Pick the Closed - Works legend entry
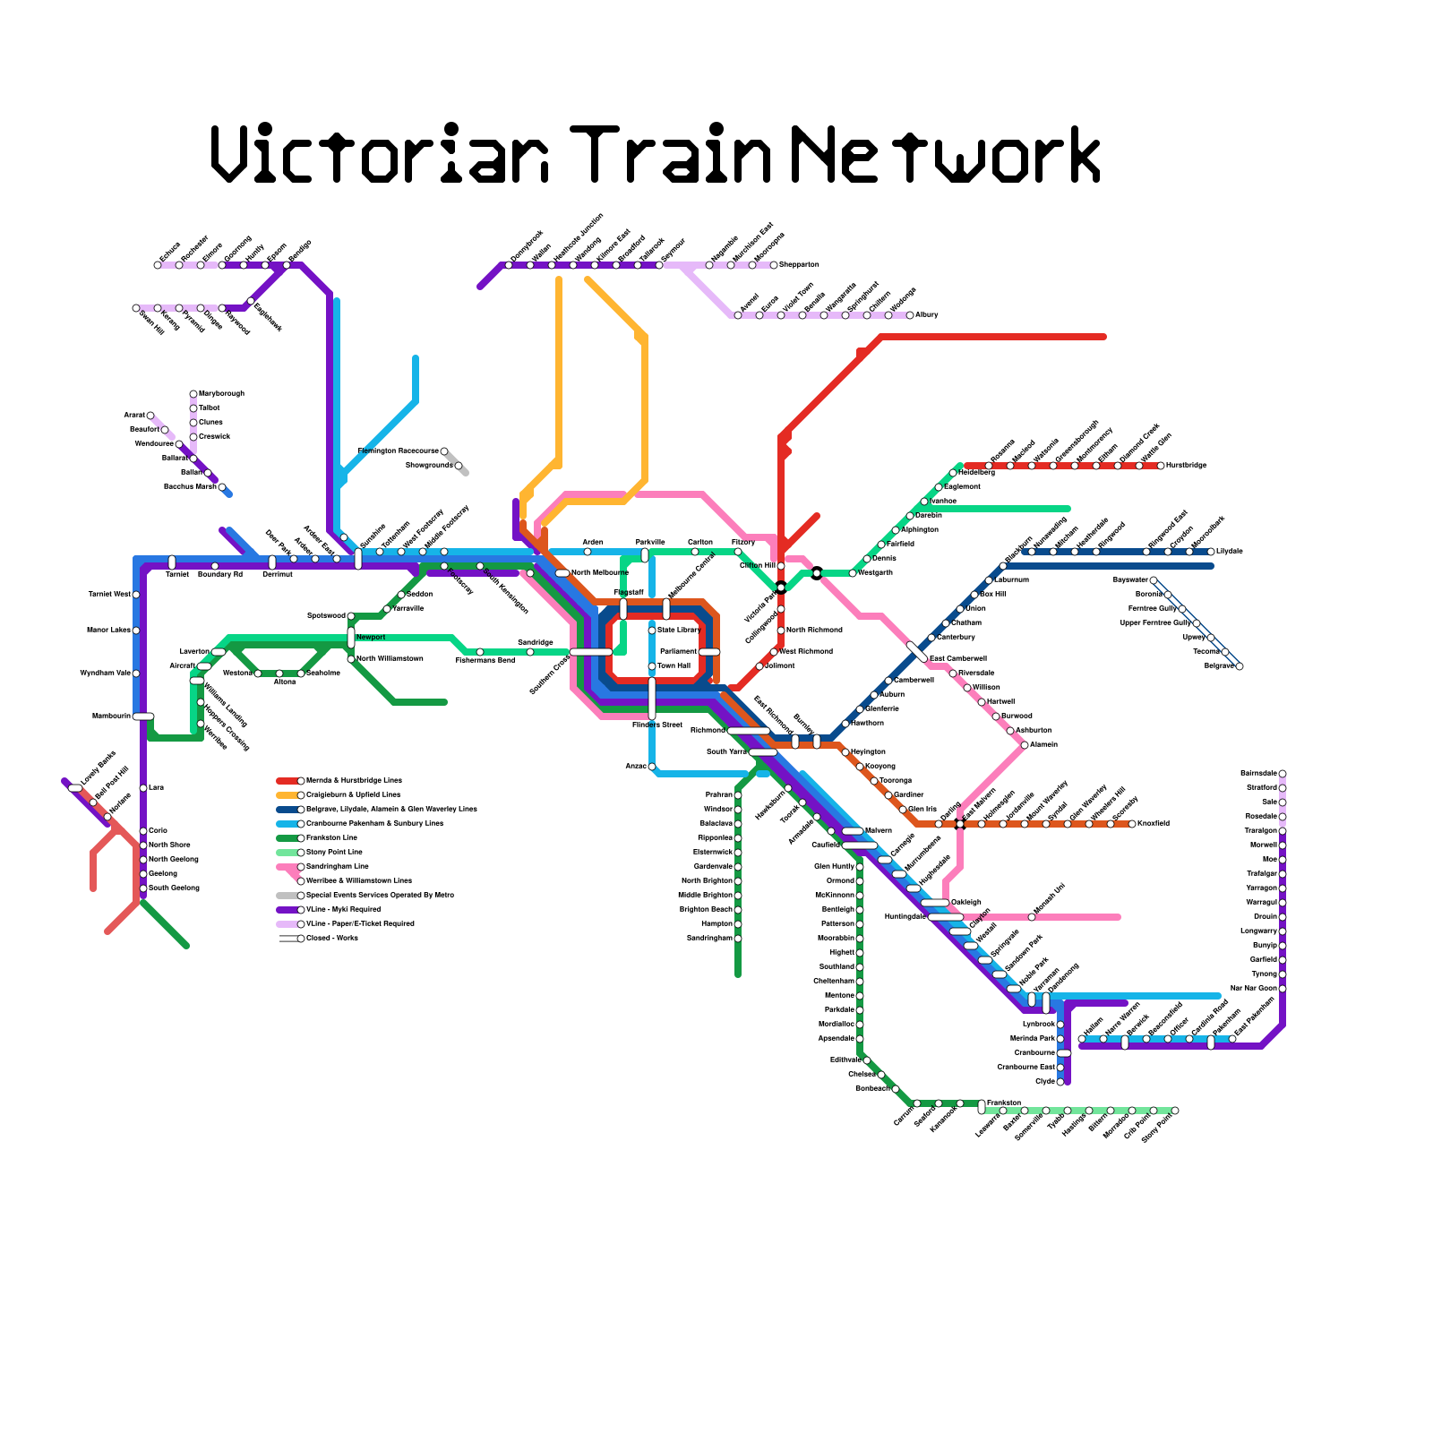(x=331, y=939)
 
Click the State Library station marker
(x=652, y=631)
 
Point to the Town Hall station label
(x=674, y=666)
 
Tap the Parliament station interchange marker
(x=709, y=652)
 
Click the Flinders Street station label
(x=656, y=725)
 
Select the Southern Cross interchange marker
(x=591, y=652)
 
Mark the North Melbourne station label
(x=599, y=573)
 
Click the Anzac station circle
(x=652, y=767)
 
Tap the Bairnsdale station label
(x=1258, y=773)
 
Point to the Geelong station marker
(x=143, y=874)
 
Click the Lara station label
(x=156, y=788)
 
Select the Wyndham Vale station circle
(x=136, y=674)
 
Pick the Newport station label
(x=371, y=638)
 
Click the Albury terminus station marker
(x=910, y=315)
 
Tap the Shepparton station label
(x=799, y=265)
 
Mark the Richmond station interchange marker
(x=748, y=731)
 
